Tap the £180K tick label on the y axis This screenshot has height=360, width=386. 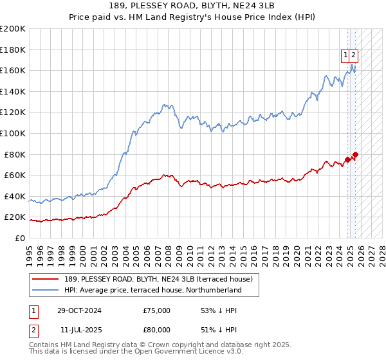(13, 50)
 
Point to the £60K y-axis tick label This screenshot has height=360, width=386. (15, 175)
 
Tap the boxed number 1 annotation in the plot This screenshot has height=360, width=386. (346, 55)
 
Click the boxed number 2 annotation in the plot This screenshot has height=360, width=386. (354, 55)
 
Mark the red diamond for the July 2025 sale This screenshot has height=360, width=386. (355, 154)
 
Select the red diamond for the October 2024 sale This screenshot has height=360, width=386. (348, 159)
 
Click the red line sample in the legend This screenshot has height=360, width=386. (44, 279)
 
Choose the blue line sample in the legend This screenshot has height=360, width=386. (44, 290)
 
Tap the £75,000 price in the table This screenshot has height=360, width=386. (156, 310)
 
